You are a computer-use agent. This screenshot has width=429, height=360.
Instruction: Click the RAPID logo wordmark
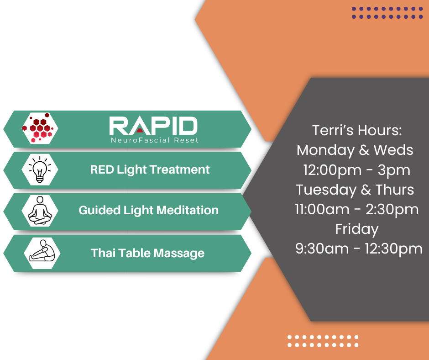153,126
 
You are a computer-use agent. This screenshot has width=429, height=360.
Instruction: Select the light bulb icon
40,169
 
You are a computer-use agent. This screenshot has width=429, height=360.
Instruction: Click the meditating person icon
40,211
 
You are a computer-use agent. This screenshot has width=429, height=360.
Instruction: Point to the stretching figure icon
42,251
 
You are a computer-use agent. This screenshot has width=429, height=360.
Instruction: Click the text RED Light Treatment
150,170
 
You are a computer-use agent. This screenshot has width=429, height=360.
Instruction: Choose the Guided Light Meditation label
149,211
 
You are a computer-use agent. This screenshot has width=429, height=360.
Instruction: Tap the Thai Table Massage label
147,254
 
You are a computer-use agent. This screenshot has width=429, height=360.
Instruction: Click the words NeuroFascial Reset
155,140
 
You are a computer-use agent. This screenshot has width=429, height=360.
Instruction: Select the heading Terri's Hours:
357,130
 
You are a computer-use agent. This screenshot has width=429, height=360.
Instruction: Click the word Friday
357,229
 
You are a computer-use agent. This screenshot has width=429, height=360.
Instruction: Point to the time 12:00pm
332,170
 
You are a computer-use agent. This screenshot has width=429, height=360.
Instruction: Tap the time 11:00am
322,209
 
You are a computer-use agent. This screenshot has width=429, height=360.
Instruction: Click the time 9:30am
322,249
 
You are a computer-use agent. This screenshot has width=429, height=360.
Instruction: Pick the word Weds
393,150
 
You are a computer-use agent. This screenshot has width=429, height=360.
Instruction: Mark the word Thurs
394,190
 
